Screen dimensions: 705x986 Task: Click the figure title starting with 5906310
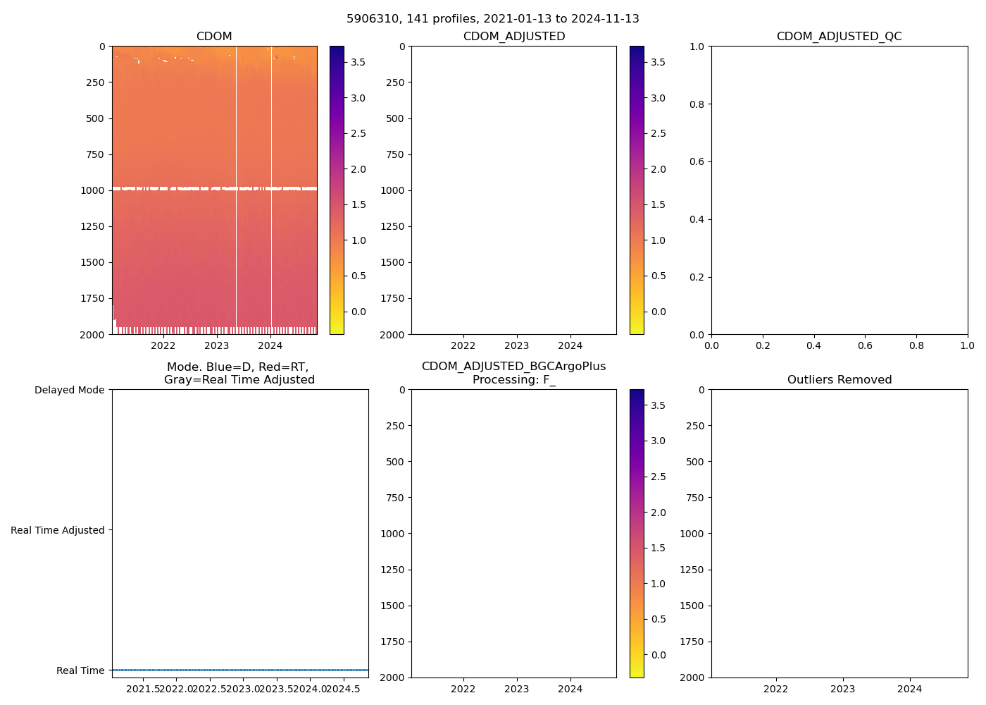pyautogui.click(x=493, y=19)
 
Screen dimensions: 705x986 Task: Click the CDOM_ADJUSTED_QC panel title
pyautogui.click(x=839, y=37)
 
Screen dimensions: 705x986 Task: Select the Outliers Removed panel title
pyautogui.click(x=839, y=380)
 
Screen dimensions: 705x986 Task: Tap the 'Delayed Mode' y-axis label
pyautogui.click(x=69, y=390)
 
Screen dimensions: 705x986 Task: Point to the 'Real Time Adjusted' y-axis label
pyautogui.click(x=57, y=530)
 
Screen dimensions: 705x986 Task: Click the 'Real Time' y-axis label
pyautogui.click(x=80, y=670)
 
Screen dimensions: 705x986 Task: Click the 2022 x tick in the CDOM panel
pyautogui.click(x=163, y=345)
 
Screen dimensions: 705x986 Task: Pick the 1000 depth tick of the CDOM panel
pyautogui.click(x=95, y=190)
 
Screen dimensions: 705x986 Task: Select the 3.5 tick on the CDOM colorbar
pyautogui.click(x=358, y=62)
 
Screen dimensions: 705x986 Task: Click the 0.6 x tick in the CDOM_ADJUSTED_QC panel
pyautogui.click(x=865, y=345)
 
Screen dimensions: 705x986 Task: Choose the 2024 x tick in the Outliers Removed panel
pyautogui.click(x=909, y=689)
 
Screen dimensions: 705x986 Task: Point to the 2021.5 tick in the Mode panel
pyautogui.click(x=143, y=689)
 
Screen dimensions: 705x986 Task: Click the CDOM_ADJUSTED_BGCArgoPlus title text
pyautogui.click(x=513, y=367)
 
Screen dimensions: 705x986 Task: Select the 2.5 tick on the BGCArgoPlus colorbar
pyautogui.click(x=659, y=477)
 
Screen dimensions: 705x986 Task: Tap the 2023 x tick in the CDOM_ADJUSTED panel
pyautogui.click(x=516, y=345)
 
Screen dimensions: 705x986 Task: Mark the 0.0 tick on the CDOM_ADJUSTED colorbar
pyautogui.click(x=659, y=312)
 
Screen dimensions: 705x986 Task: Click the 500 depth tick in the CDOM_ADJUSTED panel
pyautogui.click(x=395, y=118)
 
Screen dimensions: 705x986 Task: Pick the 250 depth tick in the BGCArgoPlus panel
pyautogui.click(x=395, y=426)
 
